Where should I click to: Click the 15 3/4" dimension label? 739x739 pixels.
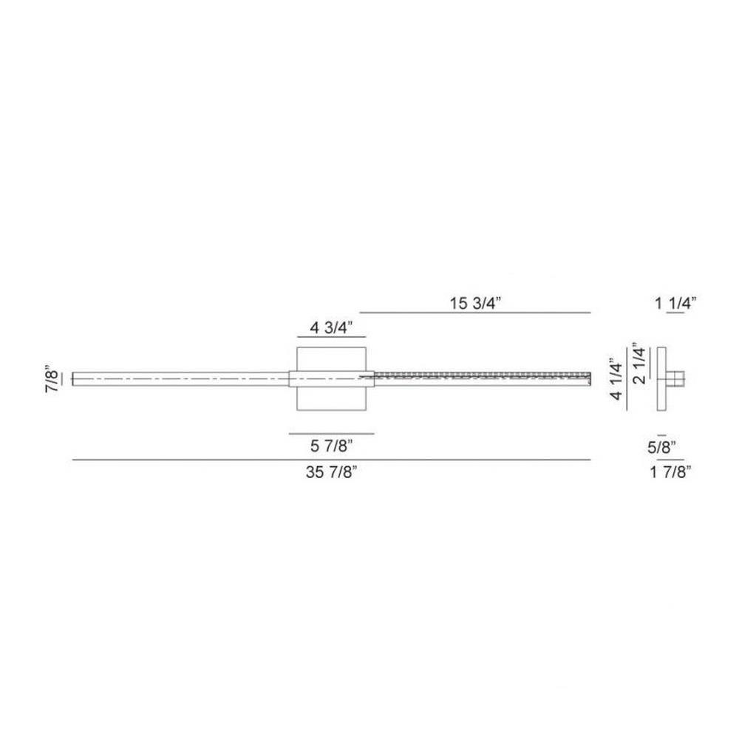point(474,303)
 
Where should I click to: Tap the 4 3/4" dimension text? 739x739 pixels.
point(331,327)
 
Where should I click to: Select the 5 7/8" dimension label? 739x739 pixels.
point(331,446)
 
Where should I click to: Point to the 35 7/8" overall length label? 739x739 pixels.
point(331,471)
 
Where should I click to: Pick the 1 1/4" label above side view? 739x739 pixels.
point(675,303)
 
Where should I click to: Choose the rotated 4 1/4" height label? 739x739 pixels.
point(616,378)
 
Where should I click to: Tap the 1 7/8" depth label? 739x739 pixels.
point(671,471)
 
